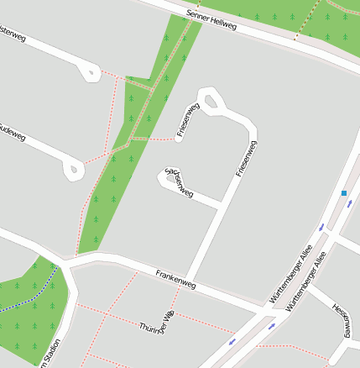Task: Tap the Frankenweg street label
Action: coord(175,280)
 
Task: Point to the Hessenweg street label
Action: coord(340,320)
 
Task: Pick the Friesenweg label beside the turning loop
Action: coord(187,119)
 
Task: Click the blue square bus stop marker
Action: coord(344,193)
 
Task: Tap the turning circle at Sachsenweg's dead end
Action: coord(170,177)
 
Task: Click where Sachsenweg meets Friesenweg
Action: coord(221,204)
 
